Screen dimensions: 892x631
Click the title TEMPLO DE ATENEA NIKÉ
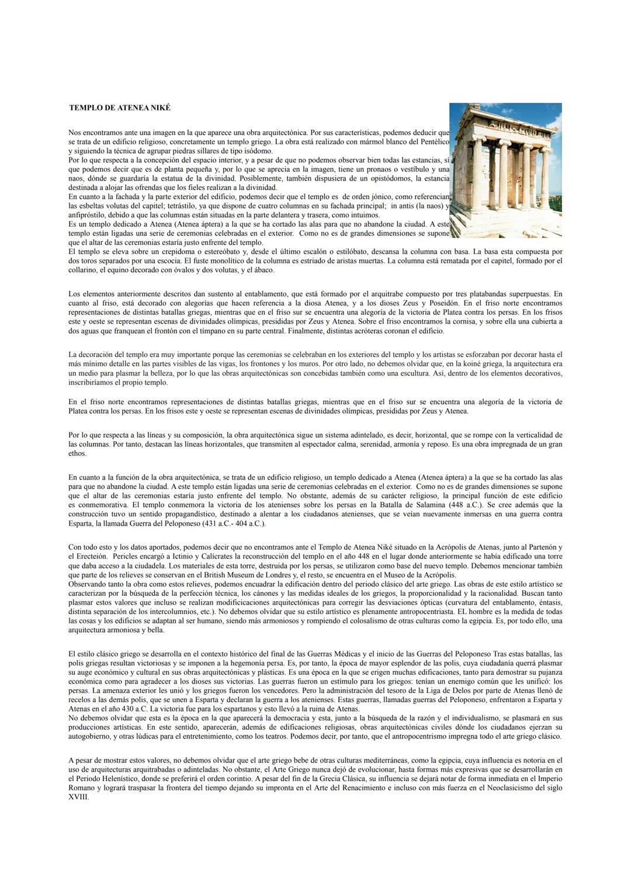point(120,108)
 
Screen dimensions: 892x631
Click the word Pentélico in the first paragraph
point(433,142)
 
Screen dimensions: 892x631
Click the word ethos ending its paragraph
point(77,453)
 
